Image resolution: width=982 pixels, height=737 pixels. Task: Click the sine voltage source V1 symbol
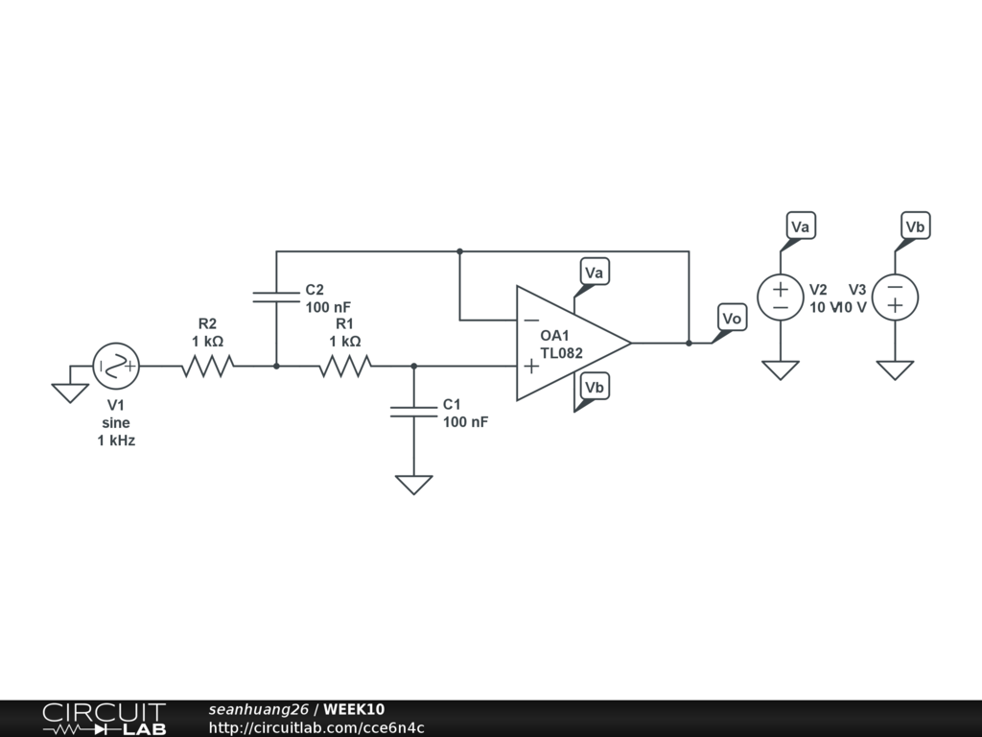tap(116, 366)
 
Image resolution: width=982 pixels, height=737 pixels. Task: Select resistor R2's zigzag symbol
tap(207, 366)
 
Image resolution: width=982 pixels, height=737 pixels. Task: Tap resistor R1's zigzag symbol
tap(344, 366)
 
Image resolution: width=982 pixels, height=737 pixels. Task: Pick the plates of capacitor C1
tap(413, 412)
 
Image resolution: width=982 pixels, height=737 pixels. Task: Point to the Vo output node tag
tap(732, 319)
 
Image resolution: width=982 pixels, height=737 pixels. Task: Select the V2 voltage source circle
tap(781, 297)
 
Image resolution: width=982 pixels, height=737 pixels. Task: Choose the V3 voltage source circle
tap(895, 297)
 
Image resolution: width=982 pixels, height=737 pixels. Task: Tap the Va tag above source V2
tap(801, 226)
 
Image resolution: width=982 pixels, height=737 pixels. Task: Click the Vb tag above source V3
tap(915, 226)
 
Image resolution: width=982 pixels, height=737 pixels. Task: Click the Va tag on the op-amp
tap(595, 273)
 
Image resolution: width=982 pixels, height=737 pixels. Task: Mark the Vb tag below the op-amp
tap(595, 388)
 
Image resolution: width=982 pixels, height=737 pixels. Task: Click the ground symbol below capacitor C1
tap(413, 485)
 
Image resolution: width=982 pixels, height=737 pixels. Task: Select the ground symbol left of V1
tap(69, 392)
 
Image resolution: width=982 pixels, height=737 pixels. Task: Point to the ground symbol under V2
tap(781, 369)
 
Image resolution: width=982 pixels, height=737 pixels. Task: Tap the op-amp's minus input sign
tap(530, 320)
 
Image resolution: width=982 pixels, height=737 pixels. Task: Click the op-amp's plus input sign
tap(530, 366)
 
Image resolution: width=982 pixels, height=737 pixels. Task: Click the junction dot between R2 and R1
tap(276, 366)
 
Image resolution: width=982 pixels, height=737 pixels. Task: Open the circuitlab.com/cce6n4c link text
tap(316, 727)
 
